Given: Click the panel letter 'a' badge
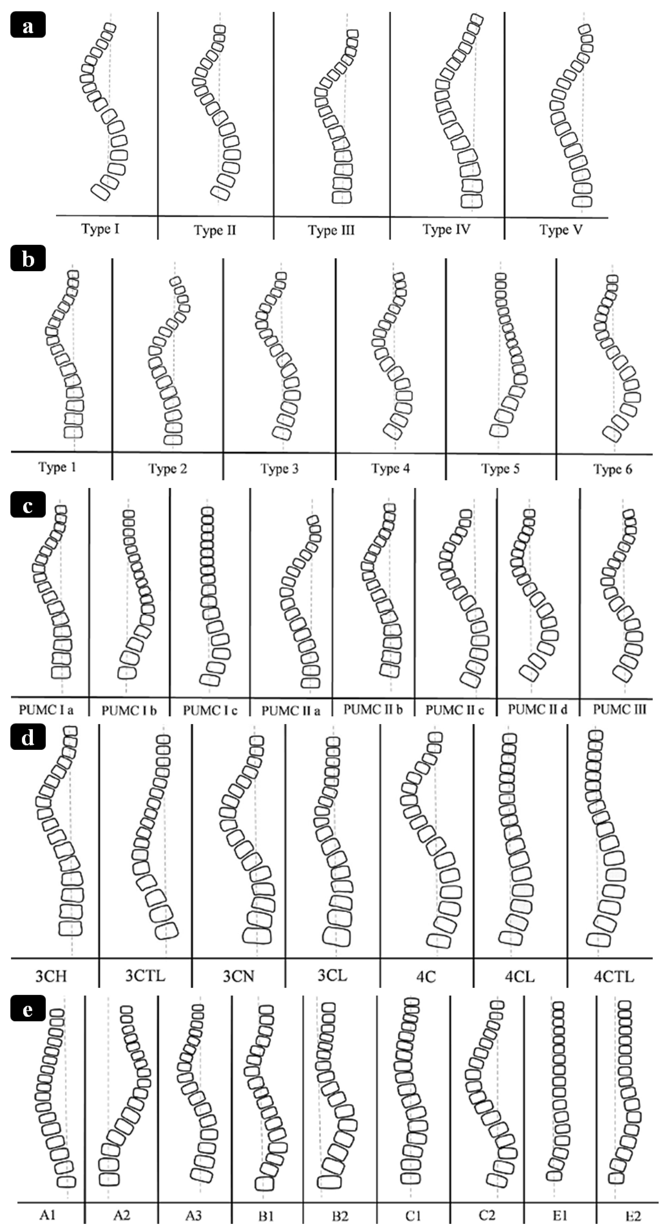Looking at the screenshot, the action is pyautogui.click(x=28, y=25).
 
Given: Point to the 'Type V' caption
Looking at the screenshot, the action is pyautogui.click(x=561, y=230).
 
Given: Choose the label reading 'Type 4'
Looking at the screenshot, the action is pyautogui.click(x=391, y=468).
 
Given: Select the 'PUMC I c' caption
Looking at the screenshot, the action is pyautogui.click(x=210, y=711).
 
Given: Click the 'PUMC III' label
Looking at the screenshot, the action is pyautogui.click(x=619, y=710).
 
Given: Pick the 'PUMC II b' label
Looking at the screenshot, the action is pyautogui.click(x=373, y=710).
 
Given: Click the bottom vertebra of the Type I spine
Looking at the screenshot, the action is pyautogui.click(x=101, y=192).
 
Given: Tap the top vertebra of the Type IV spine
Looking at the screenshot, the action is pyautogui.click(x=476, y=20).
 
